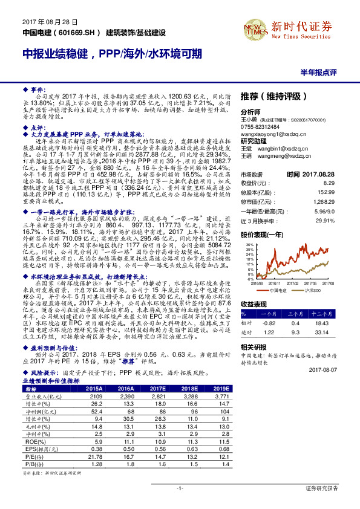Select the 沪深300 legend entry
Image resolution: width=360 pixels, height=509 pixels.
coord(313,290)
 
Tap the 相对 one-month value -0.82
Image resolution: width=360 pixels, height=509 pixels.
coord(270,324)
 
